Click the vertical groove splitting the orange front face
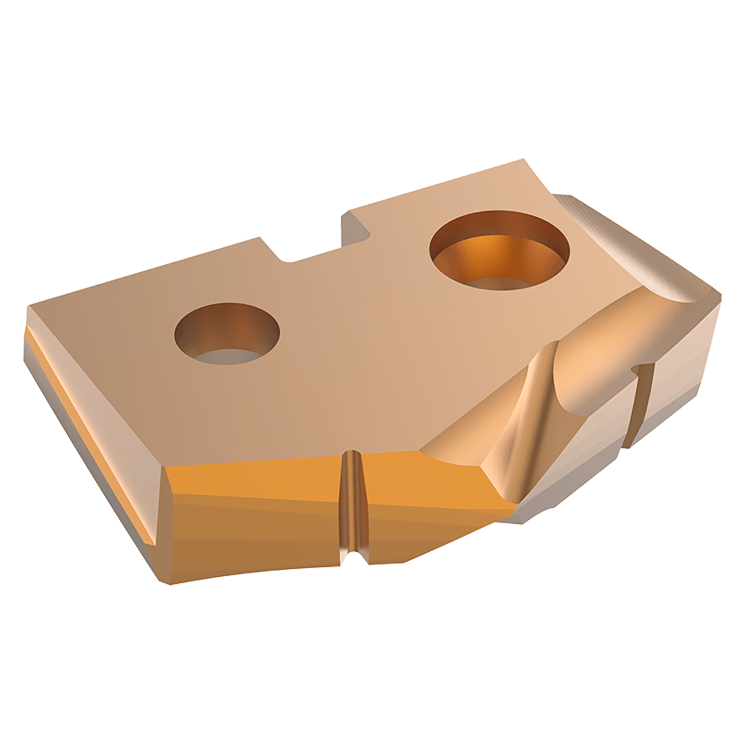click(352, 501)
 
